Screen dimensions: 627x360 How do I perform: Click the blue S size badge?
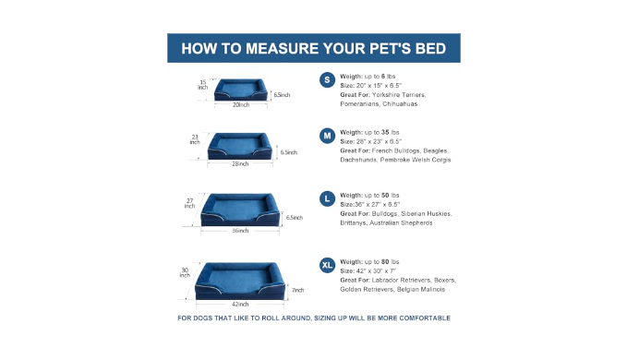(x=327, y=80)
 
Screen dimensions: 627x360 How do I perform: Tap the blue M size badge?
(x=327, y=136)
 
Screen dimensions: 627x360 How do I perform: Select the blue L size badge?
(x=327, y=198)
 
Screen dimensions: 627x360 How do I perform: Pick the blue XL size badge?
(x=327, y=265)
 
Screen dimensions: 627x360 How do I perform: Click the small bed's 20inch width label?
(x=241, y=104)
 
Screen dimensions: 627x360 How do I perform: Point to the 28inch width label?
(x=240, y=163)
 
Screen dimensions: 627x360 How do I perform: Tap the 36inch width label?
(x=240, y=231)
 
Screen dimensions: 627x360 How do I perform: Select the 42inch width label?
(x=240, y=304)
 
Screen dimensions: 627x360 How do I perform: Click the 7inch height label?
(x=298, y=290)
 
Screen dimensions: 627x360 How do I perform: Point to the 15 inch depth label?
(x=203, y=85)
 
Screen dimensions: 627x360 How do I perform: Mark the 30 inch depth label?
(x=185, y=272)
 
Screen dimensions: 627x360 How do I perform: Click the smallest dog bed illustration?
(x=241, y=90)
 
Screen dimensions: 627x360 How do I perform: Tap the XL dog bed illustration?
(x=240, y=281)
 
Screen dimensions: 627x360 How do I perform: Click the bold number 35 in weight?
(x=385, y=132)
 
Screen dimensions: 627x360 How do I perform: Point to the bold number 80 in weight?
(x=385, y=262)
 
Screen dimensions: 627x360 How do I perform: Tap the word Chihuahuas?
(x=400, y=104)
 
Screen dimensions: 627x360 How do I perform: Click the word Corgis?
(x=441, y=160)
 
